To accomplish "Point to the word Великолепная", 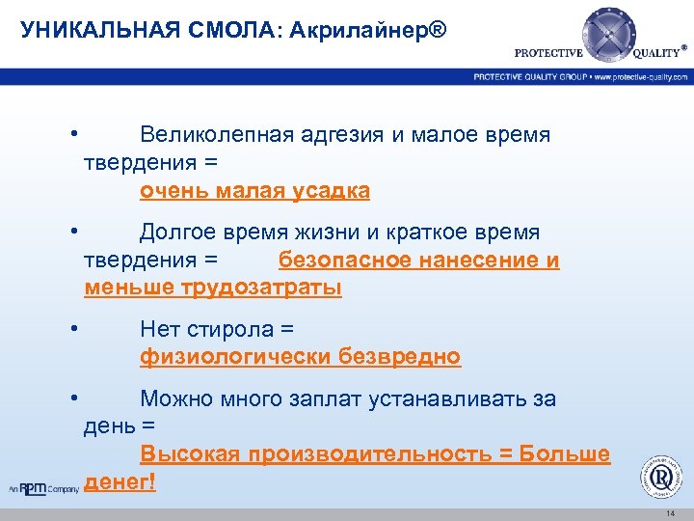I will click(216, 135).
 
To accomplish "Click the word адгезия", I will click(341, 135).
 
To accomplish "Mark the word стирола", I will click(230, 330).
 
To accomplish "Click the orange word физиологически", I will click(235, 358).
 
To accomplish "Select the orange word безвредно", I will click(399, 358).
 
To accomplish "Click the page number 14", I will click(670, 513).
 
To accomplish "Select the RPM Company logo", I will click(43, 488).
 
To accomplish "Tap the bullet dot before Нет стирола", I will click(73, 329).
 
